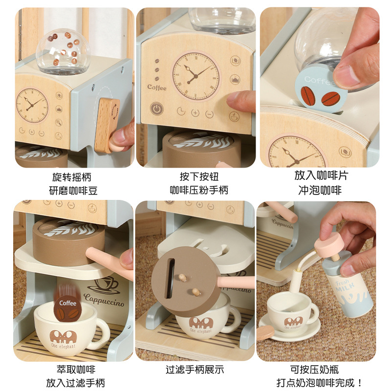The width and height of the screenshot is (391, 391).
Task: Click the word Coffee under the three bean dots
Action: click(157, 87)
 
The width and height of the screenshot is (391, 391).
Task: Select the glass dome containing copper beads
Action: click(63, 50)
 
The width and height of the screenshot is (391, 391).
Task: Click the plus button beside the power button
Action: click(195, 113)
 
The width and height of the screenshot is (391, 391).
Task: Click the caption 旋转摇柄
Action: click(71, 176)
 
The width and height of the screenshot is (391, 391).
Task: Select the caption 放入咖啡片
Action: click(321, 175)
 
